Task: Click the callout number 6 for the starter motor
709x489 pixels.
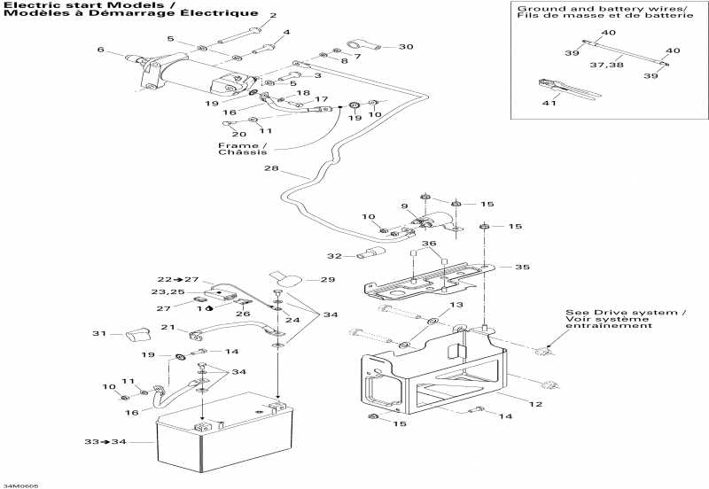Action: (100, 50)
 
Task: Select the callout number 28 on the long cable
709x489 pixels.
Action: (270, 169)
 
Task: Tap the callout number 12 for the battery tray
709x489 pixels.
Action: (535, 405)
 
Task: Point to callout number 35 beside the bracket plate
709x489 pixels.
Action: (522, 267)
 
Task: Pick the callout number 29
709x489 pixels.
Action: (328, 280)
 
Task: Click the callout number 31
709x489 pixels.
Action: (99, 334)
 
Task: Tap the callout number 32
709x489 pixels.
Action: (333, 257)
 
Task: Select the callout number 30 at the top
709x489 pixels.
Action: (405, 47)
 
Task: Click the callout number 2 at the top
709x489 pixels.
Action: (272, 16)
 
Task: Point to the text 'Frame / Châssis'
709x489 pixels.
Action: (242, 148)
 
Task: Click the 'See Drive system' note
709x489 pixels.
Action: (626, 319)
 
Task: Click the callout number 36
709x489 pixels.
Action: (428, 244)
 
